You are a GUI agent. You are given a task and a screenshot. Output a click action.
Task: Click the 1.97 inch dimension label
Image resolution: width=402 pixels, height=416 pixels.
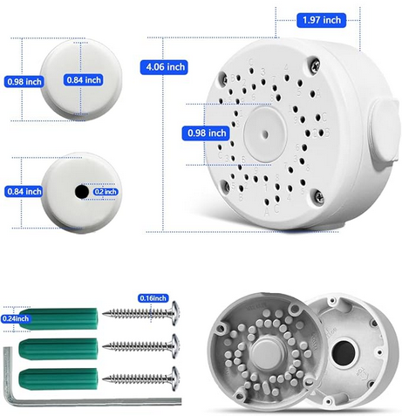(x=321, y=20)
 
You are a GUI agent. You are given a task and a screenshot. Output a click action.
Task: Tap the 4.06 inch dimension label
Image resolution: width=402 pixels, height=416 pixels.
(x=164, y=67)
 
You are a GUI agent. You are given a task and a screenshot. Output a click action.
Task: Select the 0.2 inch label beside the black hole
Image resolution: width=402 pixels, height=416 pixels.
(x=106, y=192)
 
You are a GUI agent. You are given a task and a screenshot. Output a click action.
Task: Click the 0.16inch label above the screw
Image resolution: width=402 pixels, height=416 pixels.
(x=153, y=298)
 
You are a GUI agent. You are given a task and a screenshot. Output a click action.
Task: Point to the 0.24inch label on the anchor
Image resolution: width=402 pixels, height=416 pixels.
(x=16, y=318)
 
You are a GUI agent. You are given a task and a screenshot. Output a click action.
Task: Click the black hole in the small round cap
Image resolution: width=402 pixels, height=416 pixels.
(x=82, y=192)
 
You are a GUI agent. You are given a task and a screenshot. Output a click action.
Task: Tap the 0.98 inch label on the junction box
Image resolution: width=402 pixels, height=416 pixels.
(x=206, y=133)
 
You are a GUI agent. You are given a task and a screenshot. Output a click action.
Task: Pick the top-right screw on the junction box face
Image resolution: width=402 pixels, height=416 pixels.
(x=315, y=65)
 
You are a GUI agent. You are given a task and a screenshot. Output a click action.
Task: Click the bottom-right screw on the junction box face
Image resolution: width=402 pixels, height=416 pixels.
(x=319, y=195)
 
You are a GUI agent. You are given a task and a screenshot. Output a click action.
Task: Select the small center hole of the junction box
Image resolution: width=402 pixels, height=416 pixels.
(x=265, y=134)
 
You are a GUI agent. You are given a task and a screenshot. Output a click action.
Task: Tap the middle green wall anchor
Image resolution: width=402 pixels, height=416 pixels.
(x=58, y=349)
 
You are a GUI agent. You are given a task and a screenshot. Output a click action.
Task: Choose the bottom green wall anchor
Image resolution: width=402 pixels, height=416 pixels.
(x=58, y=379)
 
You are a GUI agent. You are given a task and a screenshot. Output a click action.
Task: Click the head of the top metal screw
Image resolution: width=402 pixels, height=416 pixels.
(x=175, y=313)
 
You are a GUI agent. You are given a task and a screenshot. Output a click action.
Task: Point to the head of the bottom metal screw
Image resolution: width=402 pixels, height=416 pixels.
(x=175, y=378)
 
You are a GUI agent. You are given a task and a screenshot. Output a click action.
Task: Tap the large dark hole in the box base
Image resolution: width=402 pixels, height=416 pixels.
(x=344, y=353)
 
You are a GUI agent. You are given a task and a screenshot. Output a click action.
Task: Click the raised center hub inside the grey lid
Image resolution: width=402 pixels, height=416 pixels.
(x=265, y=353)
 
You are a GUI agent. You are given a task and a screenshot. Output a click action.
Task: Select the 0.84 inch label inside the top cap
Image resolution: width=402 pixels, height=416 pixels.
(x=84, y=80)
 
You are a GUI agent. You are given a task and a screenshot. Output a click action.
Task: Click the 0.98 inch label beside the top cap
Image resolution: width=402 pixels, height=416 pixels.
(x=24, y=82)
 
